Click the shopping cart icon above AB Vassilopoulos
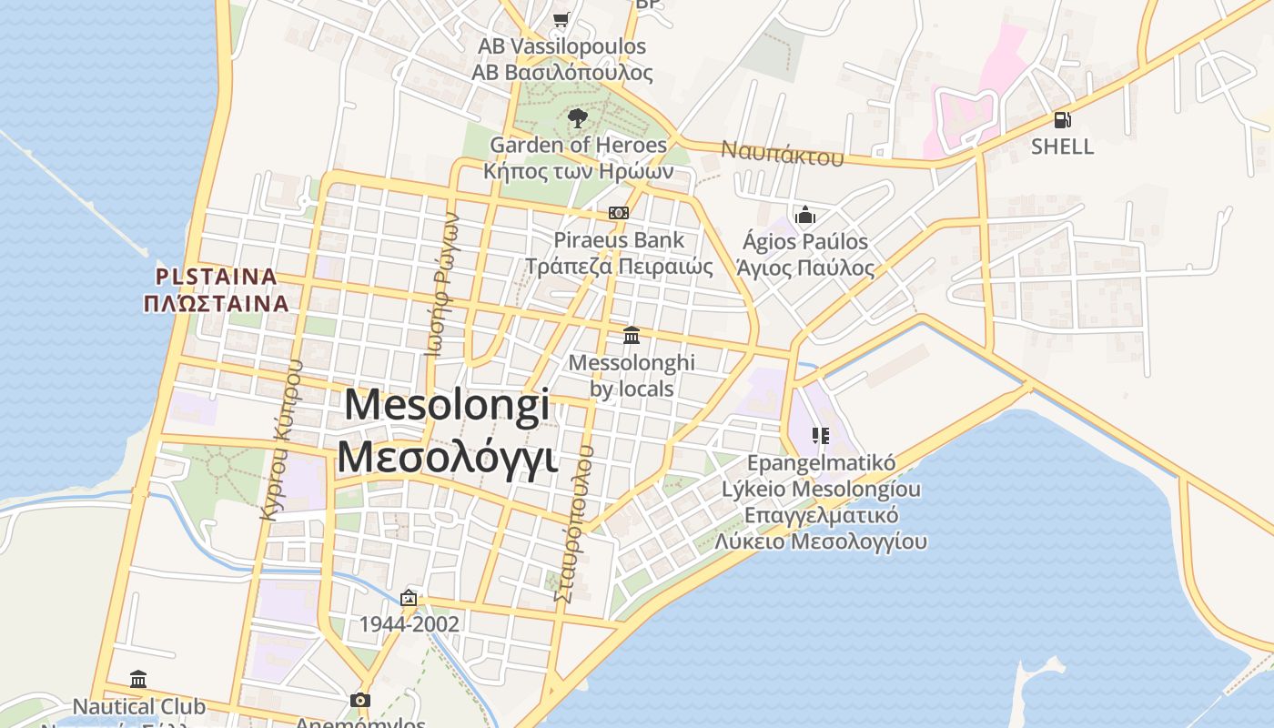(x=561, y=19)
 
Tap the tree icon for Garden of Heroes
(x=577, y=118)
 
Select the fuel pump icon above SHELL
(x=1062, y=120)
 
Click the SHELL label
(x=1062, y=147)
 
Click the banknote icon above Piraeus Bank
(x=619, y=213)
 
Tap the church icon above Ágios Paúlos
(x=804, y=216)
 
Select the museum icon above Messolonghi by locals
(x=632, y=335)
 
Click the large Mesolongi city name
(x=447, y=405)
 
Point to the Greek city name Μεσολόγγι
(x=447, y=457)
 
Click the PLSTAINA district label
(x=216, y=276)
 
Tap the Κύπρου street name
(x=280, y=440)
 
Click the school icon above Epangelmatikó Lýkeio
(x=822, y=436)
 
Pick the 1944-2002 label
(x=409, y=624)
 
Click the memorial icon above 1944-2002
(x=409, y=598)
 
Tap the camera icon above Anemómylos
(x=360, y=700)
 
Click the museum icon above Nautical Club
(x=138, y=679)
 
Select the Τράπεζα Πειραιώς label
(x=619, y=267)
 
